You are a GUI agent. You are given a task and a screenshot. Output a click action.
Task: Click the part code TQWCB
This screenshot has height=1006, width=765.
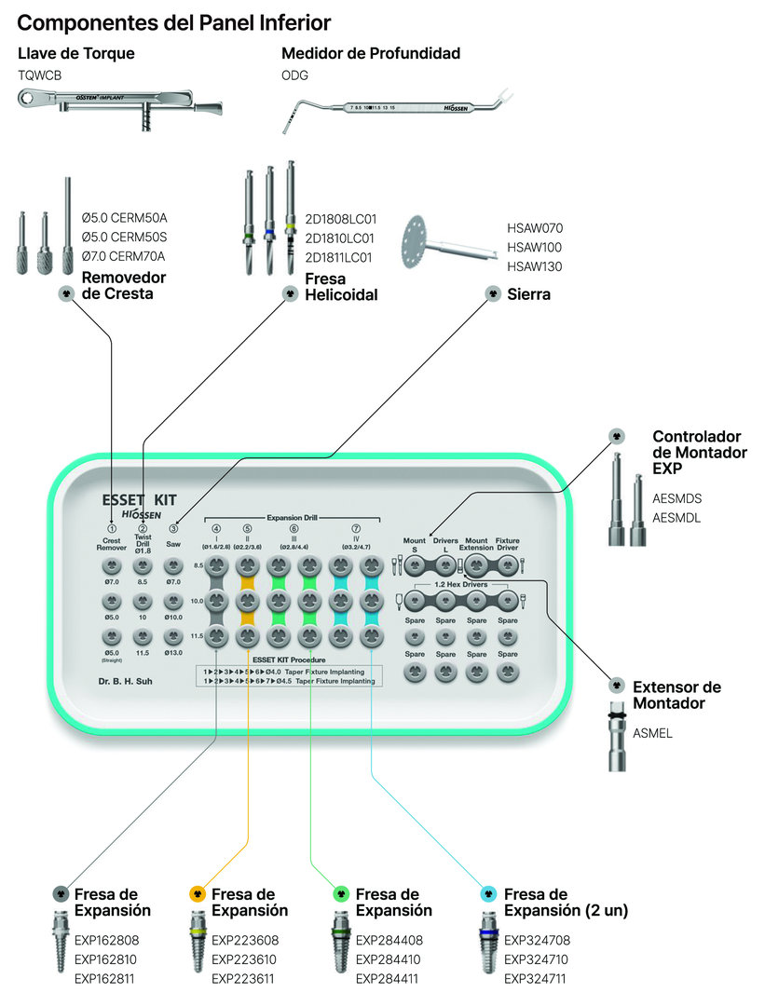coord(39,75)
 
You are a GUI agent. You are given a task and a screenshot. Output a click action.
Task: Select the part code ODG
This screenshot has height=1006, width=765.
coord(294,75)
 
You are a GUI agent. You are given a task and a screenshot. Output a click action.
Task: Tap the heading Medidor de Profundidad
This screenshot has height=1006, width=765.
coord(371,54)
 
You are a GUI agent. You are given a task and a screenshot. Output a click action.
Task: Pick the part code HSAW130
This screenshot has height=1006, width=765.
coord(535,267)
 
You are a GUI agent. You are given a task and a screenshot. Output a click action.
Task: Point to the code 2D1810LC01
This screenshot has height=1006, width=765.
coord(340,238)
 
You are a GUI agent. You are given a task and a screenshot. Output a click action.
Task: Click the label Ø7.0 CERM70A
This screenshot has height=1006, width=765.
coord(124,256)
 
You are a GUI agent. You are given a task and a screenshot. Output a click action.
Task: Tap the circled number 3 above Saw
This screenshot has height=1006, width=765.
coord(173,529)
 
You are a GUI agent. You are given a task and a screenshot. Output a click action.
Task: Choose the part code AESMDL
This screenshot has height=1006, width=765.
coord(676,517)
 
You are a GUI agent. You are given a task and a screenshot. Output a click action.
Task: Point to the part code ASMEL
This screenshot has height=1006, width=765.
coord(652,733)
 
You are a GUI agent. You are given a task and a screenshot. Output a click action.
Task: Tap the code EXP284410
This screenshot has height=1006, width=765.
coord(389,959)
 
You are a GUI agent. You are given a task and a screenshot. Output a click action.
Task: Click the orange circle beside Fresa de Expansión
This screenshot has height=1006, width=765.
coord(197,892)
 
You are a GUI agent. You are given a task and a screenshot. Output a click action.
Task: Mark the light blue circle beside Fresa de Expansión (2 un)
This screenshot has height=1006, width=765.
coord(488,892)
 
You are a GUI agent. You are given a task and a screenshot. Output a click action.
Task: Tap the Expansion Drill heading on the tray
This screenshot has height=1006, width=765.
coord(294,517)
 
